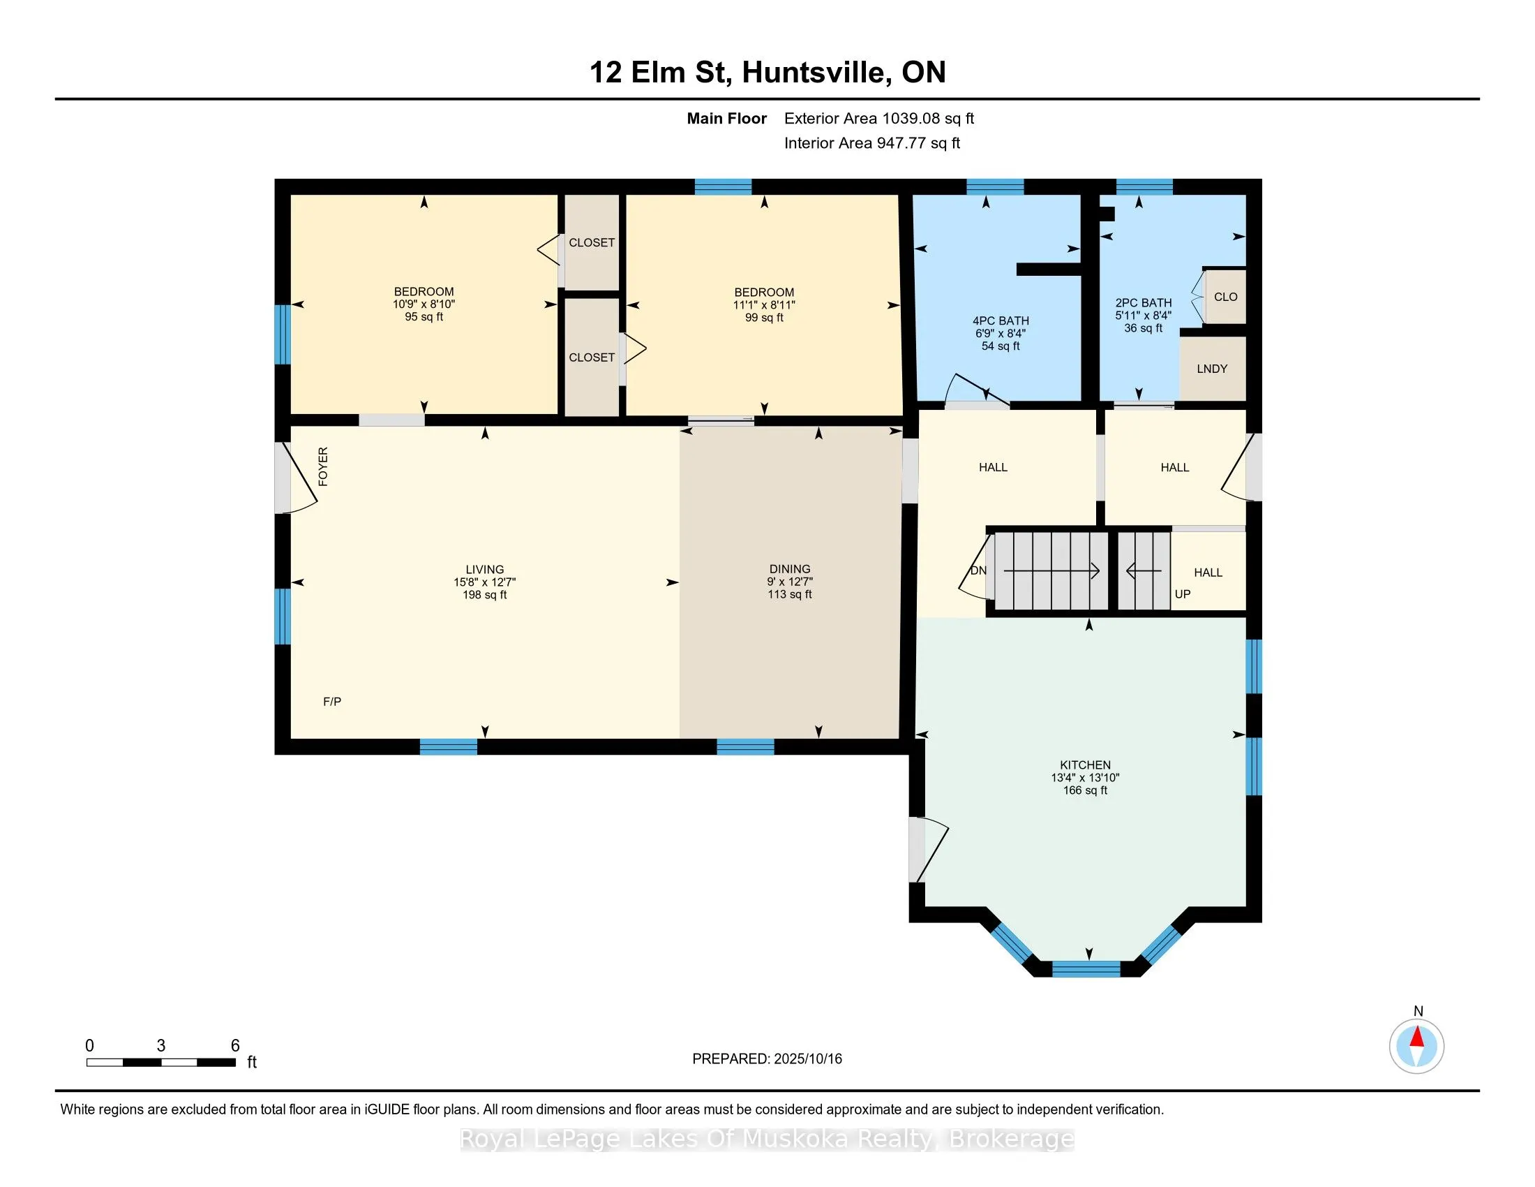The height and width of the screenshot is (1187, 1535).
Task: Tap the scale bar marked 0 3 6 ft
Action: (161, 1062)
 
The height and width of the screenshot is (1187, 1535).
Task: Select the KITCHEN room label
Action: (1085, 765)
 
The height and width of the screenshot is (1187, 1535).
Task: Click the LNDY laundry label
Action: (1212, 369)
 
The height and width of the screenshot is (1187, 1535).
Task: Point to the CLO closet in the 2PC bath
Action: (1225, 297)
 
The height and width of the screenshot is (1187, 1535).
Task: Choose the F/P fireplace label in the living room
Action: (331, 701)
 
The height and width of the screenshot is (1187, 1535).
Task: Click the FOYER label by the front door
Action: (323, 466)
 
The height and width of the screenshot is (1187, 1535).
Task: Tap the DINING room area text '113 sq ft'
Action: (789, 594)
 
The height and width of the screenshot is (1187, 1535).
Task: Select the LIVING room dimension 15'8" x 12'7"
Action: (484, 582)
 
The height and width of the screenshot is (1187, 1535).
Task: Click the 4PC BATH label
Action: (1000, 320)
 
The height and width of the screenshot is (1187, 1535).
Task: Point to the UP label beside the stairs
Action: (1182, 594)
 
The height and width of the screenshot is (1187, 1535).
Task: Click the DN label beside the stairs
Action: (978, 570)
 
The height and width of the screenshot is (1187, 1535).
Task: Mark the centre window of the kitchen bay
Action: (1086, 969)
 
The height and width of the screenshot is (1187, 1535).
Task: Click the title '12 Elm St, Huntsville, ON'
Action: (767, 72)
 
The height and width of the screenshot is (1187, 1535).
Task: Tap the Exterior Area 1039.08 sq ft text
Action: (879, 119)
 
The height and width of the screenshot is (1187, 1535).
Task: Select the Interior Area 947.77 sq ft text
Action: (872, 143)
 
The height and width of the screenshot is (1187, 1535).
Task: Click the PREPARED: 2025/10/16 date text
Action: (767, 1059)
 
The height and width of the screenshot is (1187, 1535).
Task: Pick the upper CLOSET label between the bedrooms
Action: (591, 242)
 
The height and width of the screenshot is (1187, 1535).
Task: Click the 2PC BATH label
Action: (1144, 303)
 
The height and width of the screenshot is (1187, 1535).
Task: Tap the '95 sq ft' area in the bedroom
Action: (424, 317)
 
